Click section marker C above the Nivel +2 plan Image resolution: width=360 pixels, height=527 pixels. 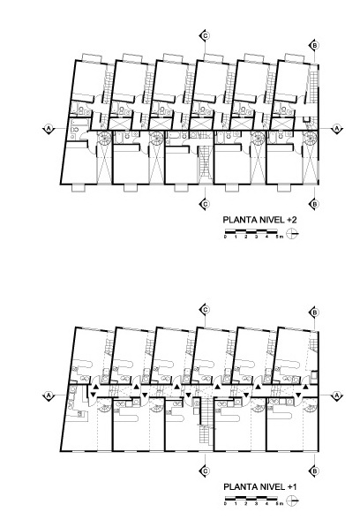[205, 35]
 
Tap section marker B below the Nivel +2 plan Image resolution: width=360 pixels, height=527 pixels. [314, 204]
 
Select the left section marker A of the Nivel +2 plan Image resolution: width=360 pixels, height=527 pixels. [49, 128]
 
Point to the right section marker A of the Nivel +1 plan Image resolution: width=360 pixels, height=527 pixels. [336, 396]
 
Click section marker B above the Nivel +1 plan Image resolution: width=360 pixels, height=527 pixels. [314, 312]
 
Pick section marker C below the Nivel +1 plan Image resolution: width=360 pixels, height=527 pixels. [205, 471]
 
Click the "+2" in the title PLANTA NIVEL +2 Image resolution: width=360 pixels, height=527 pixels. [292, 220]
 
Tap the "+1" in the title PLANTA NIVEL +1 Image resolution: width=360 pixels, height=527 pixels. [292, 486]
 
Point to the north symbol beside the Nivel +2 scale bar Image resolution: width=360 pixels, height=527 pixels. [293, 233]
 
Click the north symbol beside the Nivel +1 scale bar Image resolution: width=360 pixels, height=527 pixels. [293, 500]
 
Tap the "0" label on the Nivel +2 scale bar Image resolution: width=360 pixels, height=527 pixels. [225, 237]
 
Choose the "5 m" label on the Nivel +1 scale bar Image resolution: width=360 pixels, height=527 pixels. [280, 504]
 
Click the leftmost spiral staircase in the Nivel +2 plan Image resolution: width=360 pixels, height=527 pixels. [103, 139]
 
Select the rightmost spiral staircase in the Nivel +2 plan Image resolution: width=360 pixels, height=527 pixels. [310, 139]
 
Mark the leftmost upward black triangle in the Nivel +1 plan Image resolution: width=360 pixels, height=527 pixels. [95, 387]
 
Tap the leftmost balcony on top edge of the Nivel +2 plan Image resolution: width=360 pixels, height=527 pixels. [92, 57]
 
